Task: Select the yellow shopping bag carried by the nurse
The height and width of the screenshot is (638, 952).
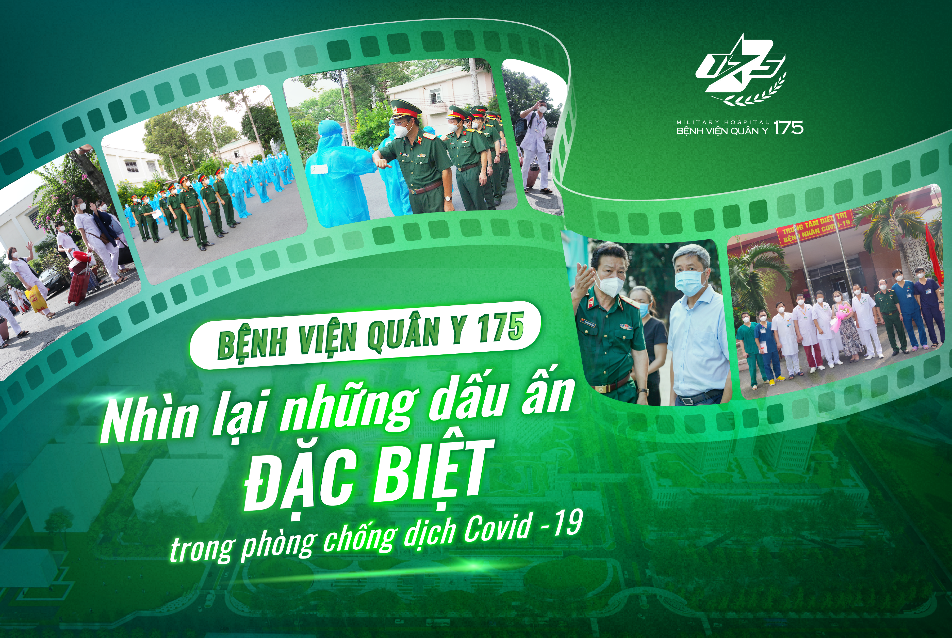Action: (36, 299)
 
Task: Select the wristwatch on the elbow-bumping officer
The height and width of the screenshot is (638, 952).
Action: (448, 199)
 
